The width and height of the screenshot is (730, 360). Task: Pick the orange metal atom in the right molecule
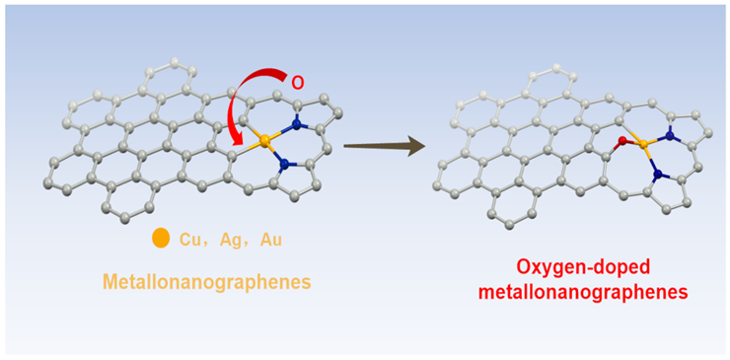tap(642, 145)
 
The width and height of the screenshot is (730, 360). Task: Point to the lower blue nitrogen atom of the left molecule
tap(283, 167)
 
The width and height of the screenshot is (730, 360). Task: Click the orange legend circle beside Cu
tap(161, 239)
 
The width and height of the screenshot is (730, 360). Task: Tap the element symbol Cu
tap(190, 240)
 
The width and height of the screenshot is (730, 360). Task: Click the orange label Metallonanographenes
tap(207, 283)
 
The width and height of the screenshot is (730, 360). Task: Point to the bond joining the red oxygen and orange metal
tap(631, 143)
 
